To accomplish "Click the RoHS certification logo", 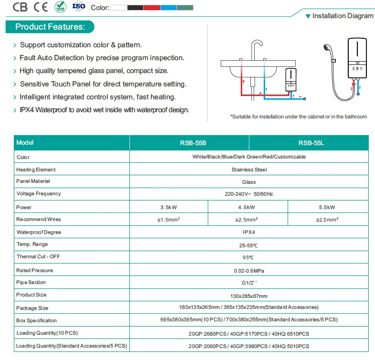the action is click(x=60, y=7).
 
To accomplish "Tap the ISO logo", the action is click(x=79, y=7).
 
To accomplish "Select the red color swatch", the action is click(x=152, y=8).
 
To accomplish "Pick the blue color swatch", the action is click(x=168, y=8).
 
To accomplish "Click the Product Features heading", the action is click(x=50, y=27).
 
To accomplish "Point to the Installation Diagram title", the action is click(x=343, y=16).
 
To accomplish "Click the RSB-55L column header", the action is click(x=311, y=143).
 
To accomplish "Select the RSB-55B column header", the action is click(x=193, y=143).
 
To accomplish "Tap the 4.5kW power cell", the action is click(x=246, y=207).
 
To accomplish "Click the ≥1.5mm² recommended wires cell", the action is click(x=169, y=220).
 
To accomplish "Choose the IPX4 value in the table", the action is click(x=249, y=232).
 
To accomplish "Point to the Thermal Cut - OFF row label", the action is click(x=38, y=256).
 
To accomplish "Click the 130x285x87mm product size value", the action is click(x=249, y=296).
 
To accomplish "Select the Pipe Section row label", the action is click(x=31, y=282).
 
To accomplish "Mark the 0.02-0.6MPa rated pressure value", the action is click(x=249, y=271).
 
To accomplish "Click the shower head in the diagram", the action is click(x=327, y=48).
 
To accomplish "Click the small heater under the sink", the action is click(x=291, y=80).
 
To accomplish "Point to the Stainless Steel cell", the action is click(x=249, y=169).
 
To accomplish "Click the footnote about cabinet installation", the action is click(x=299, y=116).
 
